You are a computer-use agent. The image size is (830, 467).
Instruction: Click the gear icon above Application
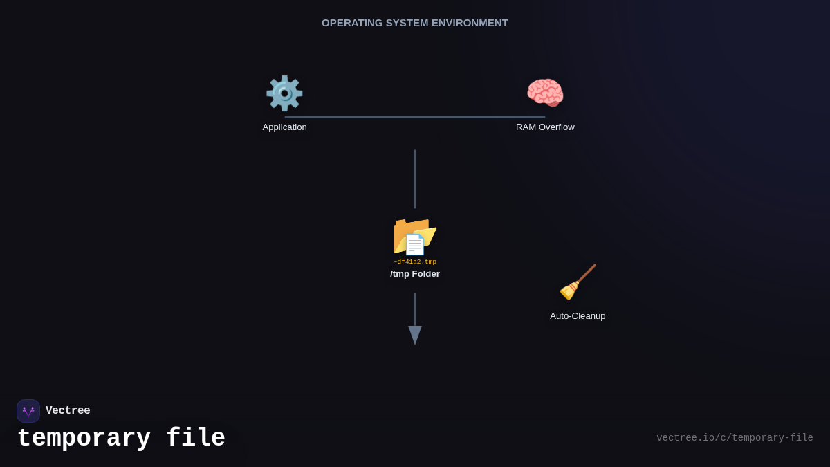(284, 93)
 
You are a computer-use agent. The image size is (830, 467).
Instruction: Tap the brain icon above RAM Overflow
(545, 93)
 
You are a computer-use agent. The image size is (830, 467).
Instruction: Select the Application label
(284, 127)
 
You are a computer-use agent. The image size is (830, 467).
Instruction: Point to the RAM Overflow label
(545, 127)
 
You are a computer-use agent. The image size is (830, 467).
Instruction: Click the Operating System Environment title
(415, 23)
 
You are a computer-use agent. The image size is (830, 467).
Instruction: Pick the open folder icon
(414, 237)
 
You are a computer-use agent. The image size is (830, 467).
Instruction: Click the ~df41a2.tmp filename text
(415, 262)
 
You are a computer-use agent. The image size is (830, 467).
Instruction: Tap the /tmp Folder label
(415, 274)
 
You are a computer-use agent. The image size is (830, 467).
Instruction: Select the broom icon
(578, 282)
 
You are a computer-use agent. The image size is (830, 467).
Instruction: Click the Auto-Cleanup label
(578, 316)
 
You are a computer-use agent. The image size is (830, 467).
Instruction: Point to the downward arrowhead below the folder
(415, 335)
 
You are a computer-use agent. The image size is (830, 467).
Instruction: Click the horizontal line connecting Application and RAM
(415, 118)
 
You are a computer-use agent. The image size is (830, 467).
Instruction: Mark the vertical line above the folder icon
(415, 179)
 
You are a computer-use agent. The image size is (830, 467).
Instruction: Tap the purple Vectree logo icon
(28, 411)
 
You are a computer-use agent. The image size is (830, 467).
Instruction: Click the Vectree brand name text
(68, 410)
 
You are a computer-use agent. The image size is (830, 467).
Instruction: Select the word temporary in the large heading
(84, 439)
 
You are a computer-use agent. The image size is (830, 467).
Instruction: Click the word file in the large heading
(196, 437)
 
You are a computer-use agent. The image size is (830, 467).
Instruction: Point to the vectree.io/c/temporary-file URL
(735, 438)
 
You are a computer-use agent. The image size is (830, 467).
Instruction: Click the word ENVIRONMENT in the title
(470, 23)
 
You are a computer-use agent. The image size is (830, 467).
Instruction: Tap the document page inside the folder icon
(414, 245)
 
